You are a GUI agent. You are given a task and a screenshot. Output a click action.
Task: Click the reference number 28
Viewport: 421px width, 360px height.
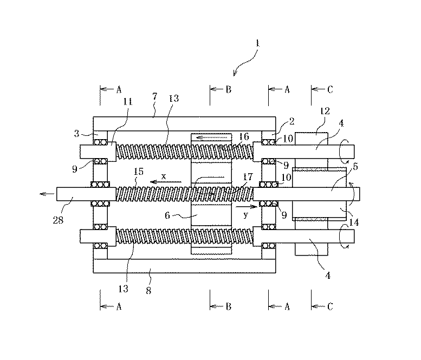click(58, 220)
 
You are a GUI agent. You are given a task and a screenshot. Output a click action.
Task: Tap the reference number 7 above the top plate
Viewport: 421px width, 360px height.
click(155, 96)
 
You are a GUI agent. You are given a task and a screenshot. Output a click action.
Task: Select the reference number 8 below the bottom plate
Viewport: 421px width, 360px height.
click(148, 290)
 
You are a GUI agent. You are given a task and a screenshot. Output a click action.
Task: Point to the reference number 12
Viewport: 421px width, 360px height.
click(325, 111)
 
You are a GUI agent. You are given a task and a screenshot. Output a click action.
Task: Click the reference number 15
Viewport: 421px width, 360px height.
click(139, 172)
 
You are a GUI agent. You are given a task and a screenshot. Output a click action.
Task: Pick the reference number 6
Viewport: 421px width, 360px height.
click(167, 215)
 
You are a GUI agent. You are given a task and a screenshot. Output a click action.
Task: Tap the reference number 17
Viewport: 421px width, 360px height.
click(248, 177)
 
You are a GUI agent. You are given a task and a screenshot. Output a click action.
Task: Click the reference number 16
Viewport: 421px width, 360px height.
click(244, 136)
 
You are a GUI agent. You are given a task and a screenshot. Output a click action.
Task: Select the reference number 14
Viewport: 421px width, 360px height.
click(354, 222)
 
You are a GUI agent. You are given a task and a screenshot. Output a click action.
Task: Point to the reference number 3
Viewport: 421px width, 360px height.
click(77, 133)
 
